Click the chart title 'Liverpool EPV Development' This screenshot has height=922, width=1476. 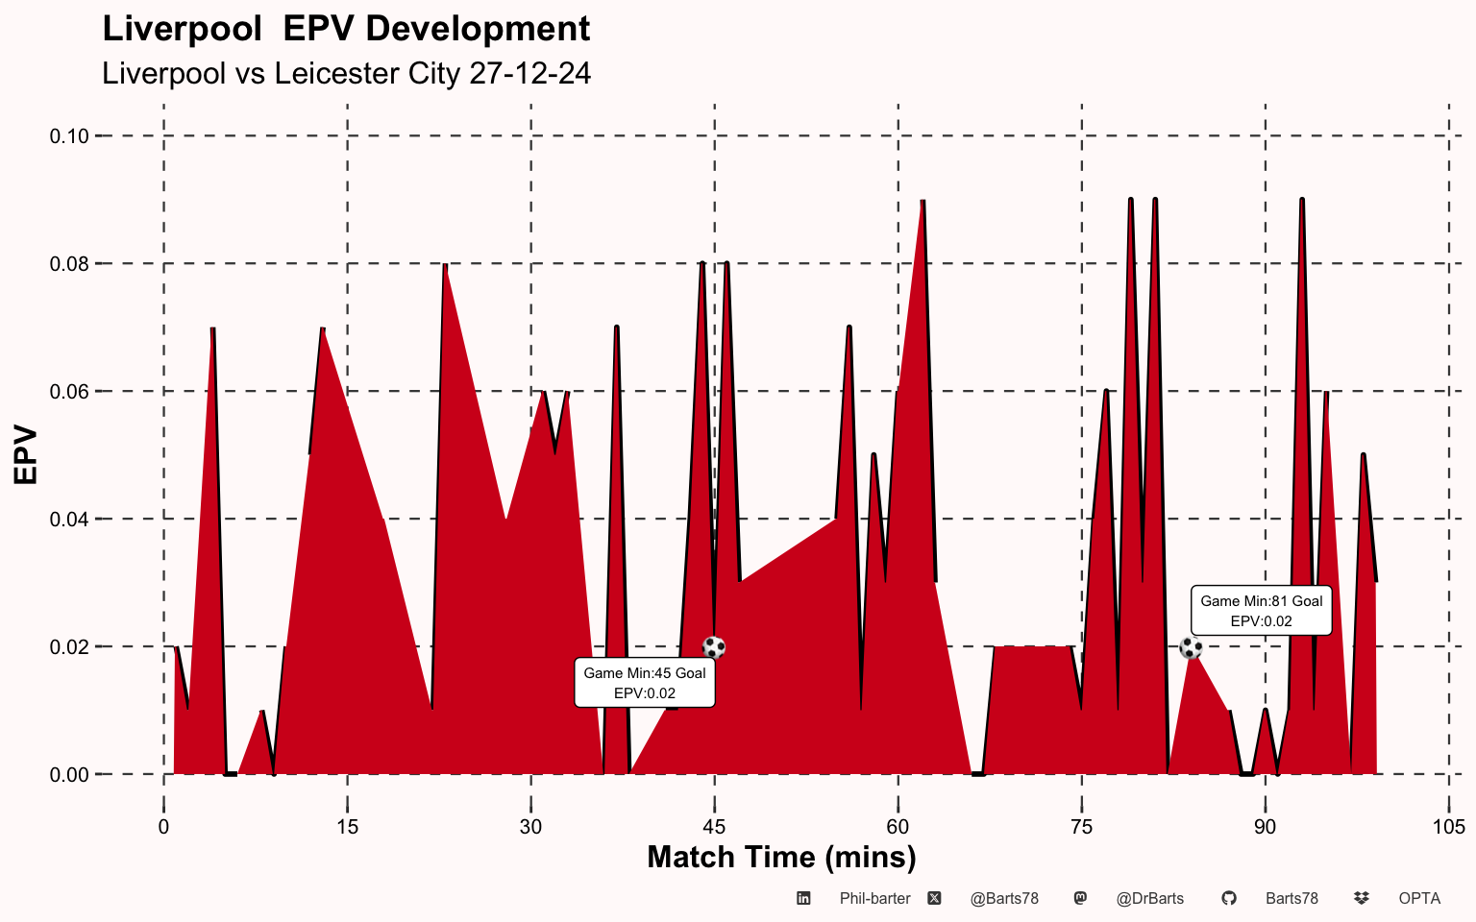pos(346,29)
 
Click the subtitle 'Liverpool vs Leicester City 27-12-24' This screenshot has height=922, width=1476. pos(346,73)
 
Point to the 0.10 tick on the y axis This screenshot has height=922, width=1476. pos(69,136)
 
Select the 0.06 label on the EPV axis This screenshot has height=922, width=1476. pos(69,392)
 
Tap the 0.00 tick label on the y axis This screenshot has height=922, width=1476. pos(69,775)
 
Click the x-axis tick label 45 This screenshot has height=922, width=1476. pos(714,827)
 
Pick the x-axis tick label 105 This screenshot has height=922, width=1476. pos(1448,827)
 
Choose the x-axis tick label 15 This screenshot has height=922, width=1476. pos(347,827)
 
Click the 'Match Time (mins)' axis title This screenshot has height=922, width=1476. pos(781,857)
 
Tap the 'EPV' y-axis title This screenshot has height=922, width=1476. pos(26,455)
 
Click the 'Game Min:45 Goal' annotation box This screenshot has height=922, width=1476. pos(645,683)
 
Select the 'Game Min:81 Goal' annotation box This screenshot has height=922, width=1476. pos(1261,611)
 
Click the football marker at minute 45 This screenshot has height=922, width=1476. pos(714,647)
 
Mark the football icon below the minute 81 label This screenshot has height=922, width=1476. pos(1191,647)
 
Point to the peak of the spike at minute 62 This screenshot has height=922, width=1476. pos(922,202)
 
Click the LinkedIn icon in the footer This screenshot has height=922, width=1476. pos(803,899)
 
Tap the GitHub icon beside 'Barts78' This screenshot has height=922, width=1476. pos(1228,899)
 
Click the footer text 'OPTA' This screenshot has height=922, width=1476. pos(1419,899)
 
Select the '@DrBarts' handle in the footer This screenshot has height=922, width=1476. pos(1149,899)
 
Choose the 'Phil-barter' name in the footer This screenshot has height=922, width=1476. pos(874,899)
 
